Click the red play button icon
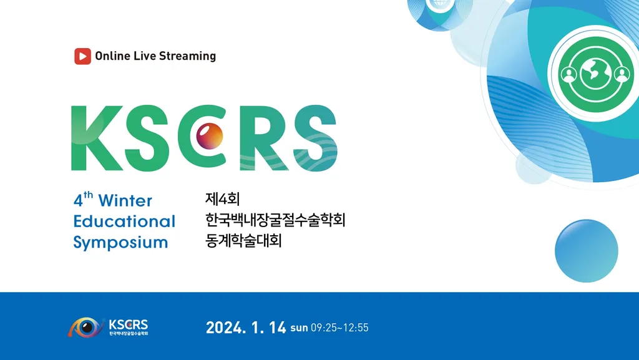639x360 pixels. point(82,56)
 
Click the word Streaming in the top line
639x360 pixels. point(187,56)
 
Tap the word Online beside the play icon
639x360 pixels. point(112,56)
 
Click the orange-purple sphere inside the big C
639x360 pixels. point(210,135)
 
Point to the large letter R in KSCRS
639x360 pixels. point(265,138)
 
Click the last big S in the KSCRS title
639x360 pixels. point(315,138)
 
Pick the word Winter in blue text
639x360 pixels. point(125,201)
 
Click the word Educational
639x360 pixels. point(124,221)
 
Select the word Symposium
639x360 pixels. point(120,242)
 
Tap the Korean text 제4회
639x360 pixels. point(223,199)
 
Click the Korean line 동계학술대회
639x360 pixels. point(243,240)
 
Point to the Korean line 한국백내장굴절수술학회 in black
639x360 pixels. point(275,220)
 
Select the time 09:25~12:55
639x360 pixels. point(339,328)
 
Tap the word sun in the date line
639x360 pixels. point(299,328)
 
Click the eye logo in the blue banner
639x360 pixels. point(85,327)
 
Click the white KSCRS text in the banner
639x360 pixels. point(129,325)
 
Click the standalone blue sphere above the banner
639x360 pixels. point(587,251)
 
